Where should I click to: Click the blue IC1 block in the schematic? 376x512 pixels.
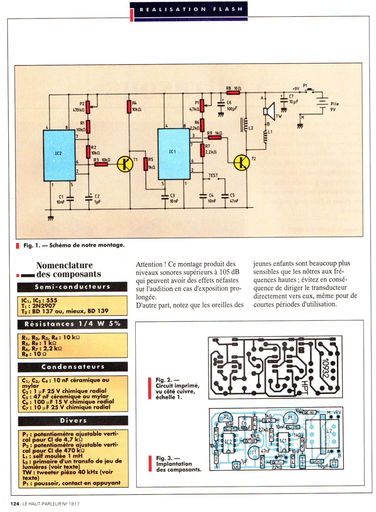coord(173,154)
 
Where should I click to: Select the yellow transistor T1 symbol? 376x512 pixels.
coord(125,164)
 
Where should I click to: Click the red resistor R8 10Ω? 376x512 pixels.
coord(233,92)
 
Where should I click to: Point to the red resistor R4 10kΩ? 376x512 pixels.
coord(130,107)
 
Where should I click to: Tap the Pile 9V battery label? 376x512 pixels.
coord(334,107)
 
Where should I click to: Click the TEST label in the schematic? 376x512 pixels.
coord(213,176)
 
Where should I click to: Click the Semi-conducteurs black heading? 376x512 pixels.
coord(72,287)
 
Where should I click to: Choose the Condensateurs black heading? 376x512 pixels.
coord(72,367)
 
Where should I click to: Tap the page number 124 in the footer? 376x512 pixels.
coord(15,504)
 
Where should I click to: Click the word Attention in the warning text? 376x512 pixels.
coord(149,264)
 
